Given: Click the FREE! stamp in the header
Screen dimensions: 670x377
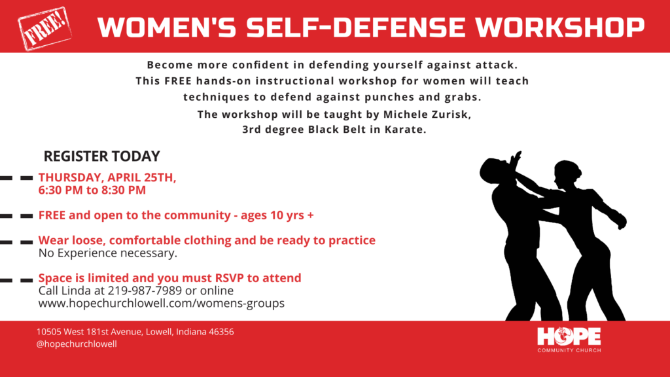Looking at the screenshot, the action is [44, 28].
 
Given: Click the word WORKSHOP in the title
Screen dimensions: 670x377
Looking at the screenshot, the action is [560, 27].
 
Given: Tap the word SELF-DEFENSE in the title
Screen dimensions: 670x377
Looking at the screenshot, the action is [355, 27].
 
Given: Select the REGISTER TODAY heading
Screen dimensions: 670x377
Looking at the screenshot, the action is [101, 156].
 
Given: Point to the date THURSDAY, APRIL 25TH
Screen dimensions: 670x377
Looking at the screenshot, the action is [107, 177].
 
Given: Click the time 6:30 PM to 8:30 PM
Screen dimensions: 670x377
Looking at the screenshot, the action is [92, 190].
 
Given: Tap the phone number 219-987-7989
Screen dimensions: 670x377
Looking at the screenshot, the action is [145, 291].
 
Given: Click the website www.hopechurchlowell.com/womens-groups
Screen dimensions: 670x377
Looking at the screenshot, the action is [162, 304].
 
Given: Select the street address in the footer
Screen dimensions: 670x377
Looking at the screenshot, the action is [135, 332].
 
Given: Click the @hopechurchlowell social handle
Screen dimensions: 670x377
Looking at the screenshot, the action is [77, 344].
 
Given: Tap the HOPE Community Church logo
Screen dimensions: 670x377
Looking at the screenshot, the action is [569, 340].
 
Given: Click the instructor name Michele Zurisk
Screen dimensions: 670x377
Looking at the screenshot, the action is [427, 115].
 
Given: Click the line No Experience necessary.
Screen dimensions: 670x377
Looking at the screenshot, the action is [108, 253].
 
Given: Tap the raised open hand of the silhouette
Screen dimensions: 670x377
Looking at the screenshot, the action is [516, 161].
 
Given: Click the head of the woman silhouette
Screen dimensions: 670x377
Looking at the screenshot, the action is [567, 174].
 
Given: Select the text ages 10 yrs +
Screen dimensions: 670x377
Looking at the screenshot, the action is [277, 215].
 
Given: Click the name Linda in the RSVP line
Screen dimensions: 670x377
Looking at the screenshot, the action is [90, 291].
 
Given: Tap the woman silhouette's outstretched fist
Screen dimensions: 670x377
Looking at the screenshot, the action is [620, 221].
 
